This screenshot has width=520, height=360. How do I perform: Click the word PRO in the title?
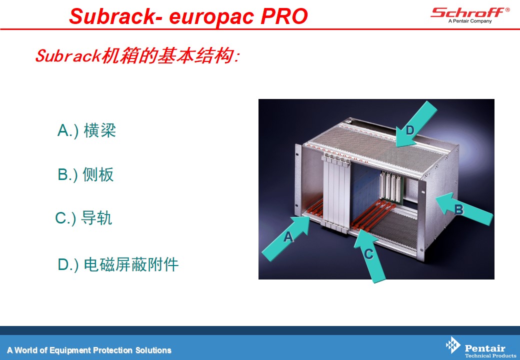click(284, 16)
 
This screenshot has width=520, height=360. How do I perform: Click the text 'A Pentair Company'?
click(470, 21)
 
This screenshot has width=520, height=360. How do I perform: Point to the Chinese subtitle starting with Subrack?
click(137, 55)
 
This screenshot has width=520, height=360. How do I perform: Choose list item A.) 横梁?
click(86, 130)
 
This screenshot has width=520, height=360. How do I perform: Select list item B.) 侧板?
click(85, 174)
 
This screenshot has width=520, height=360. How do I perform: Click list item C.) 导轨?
click(83, 218)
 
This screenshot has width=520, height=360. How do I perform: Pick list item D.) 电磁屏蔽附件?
click(118, 264)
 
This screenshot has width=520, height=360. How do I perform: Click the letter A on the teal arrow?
click(288, 236)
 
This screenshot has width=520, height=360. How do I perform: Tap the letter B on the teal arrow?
click(458, 209)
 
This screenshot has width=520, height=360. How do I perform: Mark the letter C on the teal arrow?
click(369, 254)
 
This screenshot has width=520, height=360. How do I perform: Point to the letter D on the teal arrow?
click(410, 130)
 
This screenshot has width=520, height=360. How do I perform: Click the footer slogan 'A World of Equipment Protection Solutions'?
click(89, 350)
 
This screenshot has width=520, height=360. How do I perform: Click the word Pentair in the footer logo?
click(485, 348)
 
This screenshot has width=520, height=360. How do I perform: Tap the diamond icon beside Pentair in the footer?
click(453, 345)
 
